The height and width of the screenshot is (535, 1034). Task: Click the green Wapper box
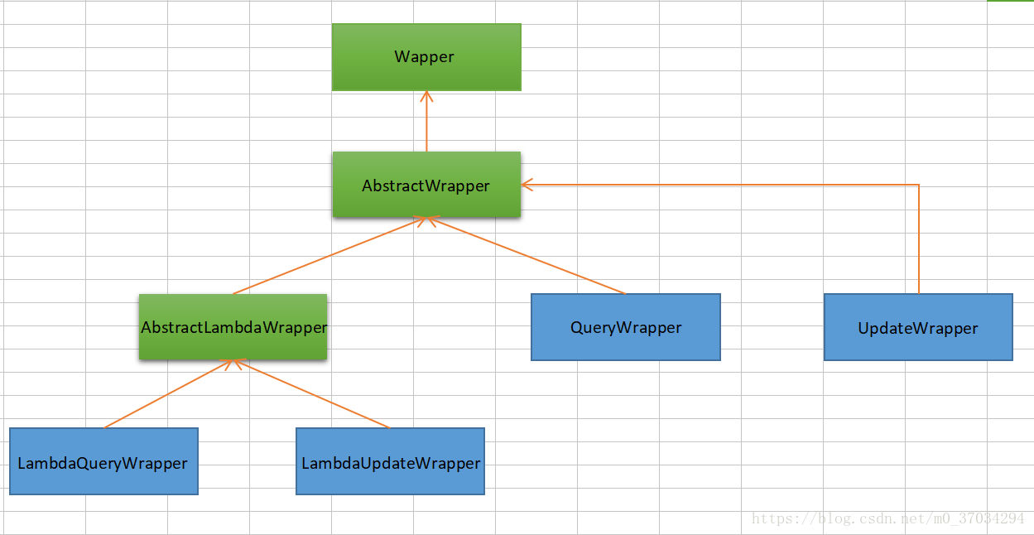426,56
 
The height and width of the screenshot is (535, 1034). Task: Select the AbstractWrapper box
426,185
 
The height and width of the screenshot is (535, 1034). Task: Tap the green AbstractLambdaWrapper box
233,326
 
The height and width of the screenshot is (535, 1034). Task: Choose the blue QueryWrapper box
625,327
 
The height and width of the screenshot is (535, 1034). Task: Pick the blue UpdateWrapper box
918,327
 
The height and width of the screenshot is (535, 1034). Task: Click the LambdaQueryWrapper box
103,461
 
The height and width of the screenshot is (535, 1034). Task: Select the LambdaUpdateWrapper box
390,461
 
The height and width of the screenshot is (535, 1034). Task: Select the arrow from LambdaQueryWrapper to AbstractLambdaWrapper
170,394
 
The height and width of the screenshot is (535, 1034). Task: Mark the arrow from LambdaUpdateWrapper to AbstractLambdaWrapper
313,394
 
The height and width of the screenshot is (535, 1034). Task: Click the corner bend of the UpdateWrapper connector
919,185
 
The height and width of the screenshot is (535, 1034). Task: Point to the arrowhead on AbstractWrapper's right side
527,185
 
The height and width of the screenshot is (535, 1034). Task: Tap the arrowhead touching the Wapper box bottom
426,95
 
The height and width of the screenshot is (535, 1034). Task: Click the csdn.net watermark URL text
887,518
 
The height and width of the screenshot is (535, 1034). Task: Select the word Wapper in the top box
424,57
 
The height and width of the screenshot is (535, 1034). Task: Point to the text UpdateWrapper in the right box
918,329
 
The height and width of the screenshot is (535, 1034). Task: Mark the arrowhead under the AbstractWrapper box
426,221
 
